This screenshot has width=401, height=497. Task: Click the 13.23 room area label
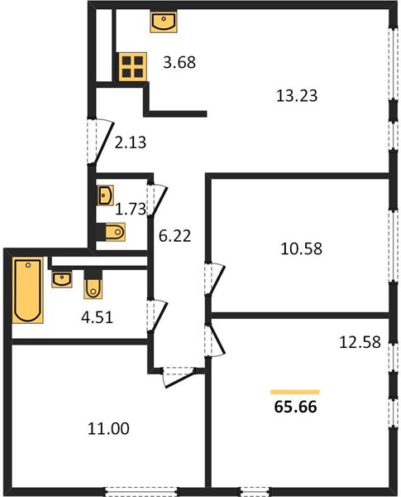click(x=297, y=96)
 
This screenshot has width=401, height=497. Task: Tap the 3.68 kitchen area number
click(x=179, y=62)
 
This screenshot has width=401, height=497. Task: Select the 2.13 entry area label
click(x=131, y=142)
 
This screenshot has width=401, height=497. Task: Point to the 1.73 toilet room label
click(x=131, y=210)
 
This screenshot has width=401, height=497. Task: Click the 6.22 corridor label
click(x=174, y=236)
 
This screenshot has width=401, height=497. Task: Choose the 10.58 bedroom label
click(x=301, y=248)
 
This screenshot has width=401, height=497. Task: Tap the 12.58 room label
click(x=360, y=342)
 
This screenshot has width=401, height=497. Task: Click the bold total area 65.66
click(x=296, y=407)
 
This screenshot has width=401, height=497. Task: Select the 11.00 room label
click(x=108, y=428)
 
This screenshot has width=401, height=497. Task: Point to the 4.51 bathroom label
click(x=97, y=317)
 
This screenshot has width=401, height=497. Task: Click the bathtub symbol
click(x=28, y=290)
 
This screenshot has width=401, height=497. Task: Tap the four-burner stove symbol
click(x=132, y=66)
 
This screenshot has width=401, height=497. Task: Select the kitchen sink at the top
click(x=164, y=22)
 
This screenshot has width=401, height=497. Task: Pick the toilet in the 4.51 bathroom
click(x=93, y=284)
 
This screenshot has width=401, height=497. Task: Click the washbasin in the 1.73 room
click(x=105, y=195)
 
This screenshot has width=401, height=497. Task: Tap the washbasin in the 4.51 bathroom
click(x=62, y=279)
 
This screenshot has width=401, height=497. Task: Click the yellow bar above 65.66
click(x=295, y=392)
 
